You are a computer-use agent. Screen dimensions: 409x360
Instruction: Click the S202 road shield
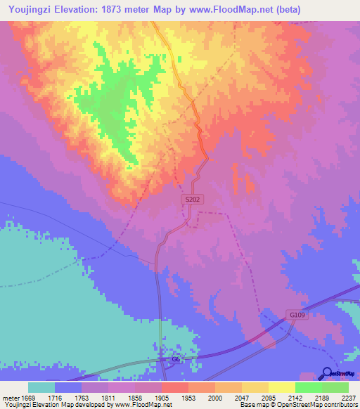(193, 200)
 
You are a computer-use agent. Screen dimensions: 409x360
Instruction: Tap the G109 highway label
(295, 315)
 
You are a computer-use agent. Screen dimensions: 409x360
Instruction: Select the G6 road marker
(177, 360)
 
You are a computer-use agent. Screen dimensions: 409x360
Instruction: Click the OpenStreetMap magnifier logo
(327, 373)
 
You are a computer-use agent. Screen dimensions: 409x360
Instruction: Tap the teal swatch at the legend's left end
(41, 387)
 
